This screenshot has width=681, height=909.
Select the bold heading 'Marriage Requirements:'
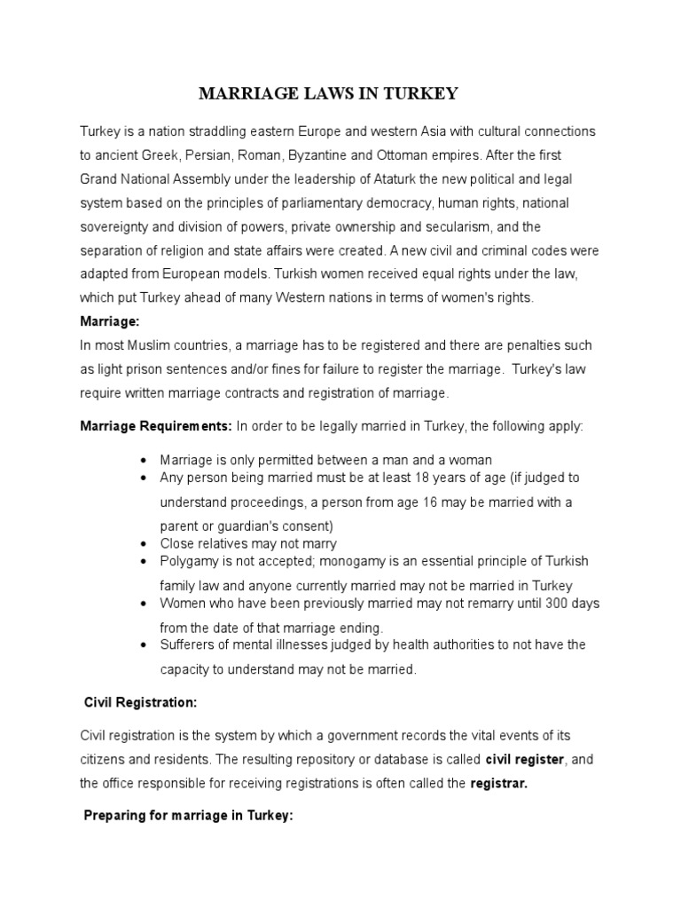pos(156,426)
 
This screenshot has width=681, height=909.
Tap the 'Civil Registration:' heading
pos(139,701)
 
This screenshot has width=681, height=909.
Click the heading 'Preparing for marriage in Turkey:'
pos(187,817)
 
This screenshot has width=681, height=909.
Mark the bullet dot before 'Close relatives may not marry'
pos(145,544)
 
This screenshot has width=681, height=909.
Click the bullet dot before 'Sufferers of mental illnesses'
pos(145,645)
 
